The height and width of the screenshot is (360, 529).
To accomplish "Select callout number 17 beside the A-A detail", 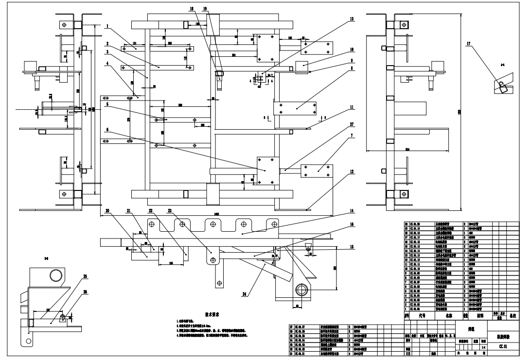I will click(468, 44).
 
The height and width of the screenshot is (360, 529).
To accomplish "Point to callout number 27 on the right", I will click(351, 124).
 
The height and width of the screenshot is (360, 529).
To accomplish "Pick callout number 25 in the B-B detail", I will click(85, 277).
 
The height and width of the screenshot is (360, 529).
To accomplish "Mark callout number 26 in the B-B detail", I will click(85, 292).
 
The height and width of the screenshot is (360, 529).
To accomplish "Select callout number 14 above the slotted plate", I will click(351, 211).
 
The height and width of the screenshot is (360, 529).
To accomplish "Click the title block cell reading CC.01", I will click(503, 347).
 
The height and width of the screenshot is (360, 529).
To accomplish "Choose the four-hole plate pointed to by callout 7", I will click(316, 171).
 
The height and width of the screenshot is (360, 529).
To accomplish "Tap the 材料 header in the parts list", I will click(480, 315).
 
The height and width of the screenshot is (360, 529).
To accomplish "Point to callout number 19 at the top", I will click(205, 9).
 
